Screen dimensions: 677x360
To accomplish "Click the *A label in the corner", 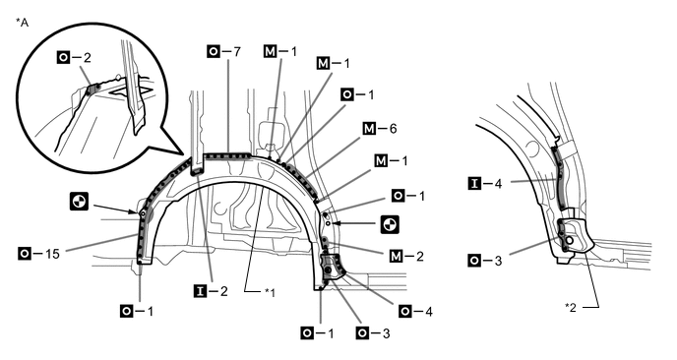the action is (22, 23).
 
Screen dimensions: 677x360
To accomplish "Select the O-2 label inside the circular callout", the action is (74, 57).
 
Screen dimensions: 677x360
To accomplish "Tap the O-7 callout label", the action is (223, 52).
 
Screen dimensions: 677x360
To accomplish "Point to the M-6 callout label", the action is (380, 129).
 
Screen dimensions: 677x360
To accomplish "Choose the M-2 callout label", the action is (406, 257).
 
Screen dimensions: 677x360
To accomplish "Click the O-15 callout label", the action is (39, 254).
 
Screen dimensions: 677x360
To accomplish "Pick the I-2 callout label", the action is (211, 291).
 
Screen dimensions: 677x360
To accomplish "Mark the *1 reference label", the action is (270, 293).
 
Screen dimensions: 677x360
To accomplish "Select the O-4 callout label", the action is (416, 311).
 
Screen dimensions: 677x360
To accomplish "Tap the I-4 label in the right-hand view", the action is (485, 184).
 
